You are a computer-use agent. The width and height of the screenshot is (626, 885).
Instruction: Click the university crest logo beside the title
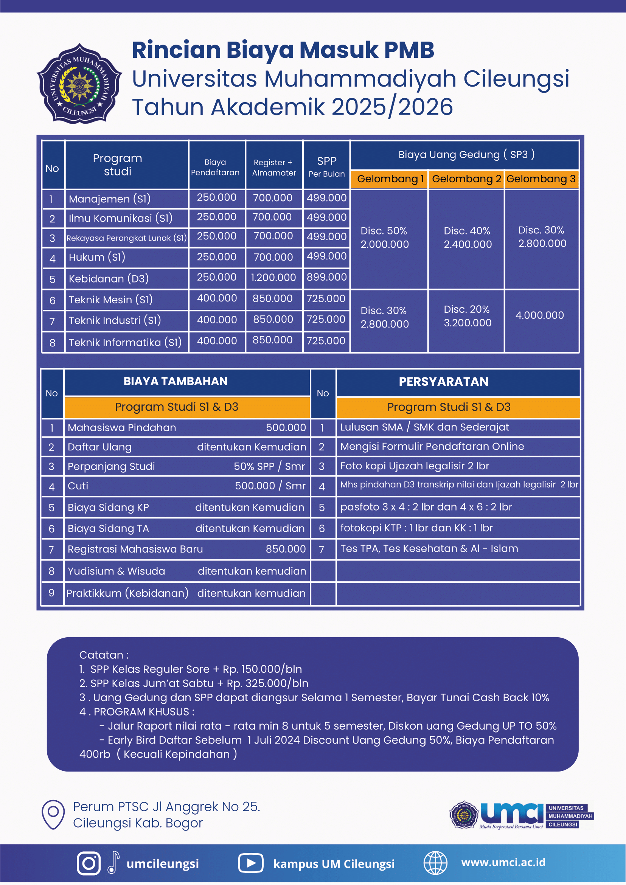[79, 83]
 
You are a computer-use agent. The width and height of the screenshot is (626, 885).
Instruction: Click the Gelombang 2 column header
[466, 179]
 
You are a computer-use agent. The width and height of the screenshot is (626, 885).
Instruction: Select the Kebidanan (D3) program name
[109, 279]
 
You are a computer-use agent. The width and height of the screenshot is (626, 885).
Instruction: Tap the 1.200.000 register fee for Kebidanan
[273, 278]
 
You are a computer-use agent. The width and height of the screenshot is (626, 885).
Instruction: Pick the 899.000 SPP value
[326, 277]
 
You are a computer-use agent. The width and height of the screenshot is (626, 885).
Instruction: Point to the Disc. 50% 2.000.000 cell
[384, 238]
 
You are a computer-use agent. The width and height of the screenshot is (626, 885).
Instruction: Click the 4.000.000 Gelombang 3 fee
[539, 315]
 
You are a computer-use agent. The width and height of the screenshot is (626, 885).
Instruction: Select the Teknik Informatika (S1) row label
[125, 342]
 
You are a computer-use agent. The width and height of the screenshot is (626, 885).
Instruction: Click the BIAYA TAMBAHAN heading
[176, 381]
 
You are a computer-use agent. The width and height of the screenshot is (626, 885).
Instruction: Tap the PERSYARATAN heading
[443, 382]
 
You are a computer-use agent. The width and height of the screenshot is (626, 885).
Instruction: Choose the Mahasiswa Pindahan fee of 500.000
[286, 427]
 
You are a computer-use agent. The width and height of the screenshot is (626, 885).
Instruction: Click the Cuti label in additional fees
[78, 486]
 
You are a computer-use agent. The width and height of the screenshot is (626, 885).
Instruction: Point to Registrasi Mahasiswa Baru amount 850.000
[285, 549]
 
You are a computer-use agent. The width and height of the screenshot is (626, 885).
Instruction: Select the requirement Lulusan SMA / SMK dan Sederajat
[424, 427]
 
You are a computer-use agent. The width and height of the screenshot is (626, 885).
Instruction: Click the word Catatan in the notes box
[101, 655]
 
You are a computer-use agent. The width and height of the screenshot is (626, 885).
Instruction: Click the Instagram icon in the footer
[88, 863]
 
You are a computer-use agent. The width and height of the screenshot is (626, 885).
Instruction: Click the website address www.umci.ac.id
[503, 863]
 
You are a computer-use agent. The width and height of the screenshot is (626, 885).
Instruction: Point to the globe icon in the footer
[435, 863]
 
